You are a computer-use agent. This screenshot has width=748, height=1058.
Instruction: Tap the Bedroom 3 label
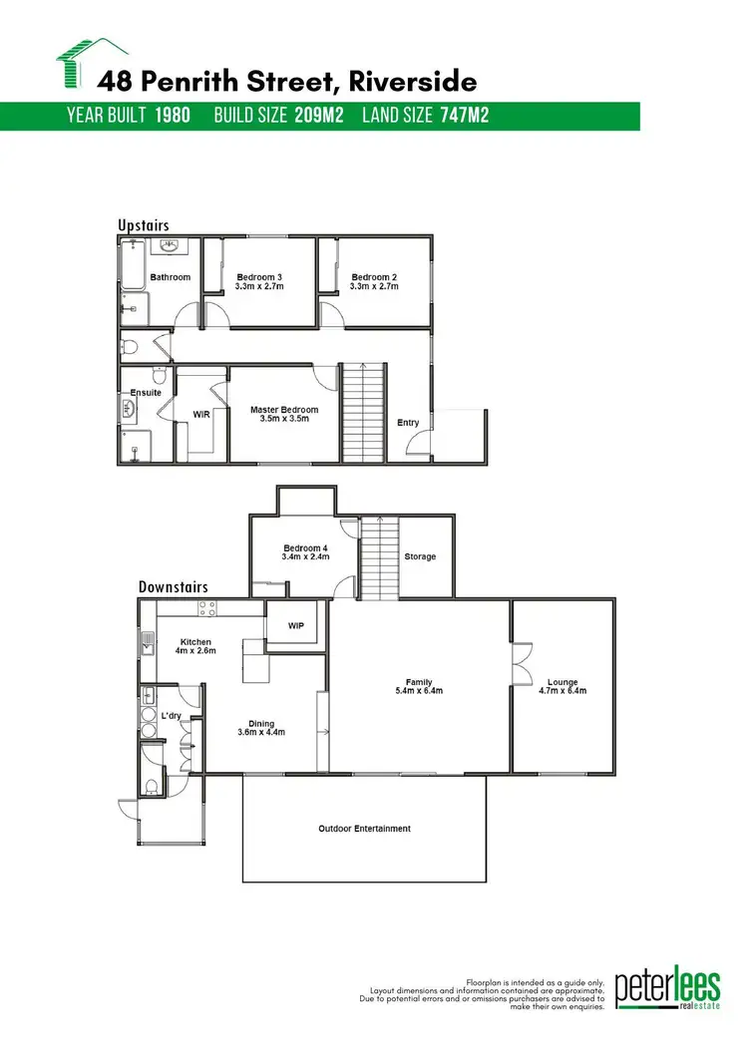click(x=259, y=277)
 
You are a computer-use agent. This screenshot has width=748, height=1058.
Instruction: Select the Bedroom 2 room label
click(x=374, y=277)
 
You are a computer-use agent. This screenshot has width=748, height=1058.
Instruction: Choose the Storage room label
click(x=420, y=556)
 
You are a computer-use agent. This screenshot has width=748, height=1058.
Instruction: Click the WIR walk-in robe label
click(x=200, y=413)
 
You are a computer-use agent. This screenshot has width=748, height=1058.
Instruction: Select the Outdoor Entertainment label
click(x=364, y=829)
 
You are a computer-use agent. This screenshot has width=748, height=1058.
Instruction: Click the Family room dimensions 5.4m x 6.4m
click(x=419, y=690)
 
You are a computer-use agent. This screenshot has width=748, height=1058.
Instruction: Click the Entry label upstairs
click(x=408, y=423)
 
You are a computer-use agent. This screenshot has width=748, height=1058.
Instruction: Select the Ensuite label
click(x=146, y=393)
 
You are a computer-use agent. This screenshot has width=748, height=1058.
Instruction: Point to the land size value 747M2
click(x=464, y=116)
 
